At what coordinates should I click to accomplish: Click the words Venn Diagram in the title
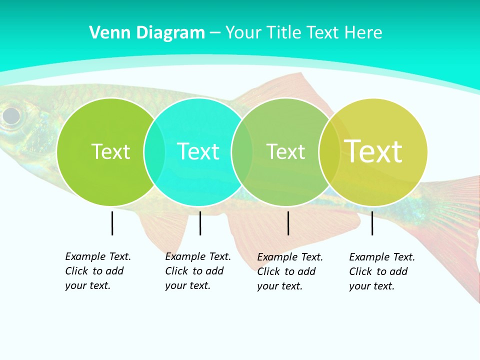click(147, 33)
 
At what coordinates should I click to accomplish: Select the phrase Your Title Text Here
click(303, 33)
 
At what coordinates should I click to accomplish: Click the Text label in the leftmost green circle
click(110, 151)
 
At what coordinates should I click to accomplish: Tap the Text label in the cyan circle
click(198, 151)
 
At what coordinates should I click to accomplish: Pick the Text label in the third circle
click(285, 151)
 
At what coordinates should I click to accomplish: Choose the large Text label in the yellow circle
click(373, 151)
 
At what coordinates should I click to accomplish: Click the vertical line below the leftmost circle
click(112, 223)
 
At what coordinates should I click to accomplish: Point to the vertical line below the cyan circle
click(200, 223)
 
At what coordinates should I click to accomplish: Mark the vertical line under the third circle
click(288, 223)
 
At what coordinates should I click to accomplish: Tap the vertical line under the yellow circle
click(372, 223)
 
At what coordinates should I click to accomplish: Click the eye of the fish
click(11, 116)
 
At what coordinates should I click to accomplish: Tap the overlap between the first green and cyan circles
click(154, 151)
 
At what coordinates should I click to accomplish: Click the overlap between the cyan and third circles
click(242, 151)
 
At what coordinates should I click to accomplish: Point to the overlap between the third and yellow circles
click(329, 151)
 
